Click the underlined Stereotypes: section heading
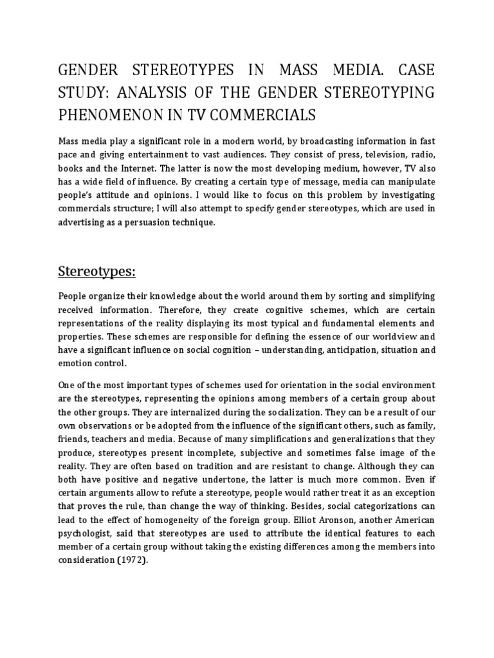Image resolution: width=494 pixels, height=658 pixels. tap(96, 271)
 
